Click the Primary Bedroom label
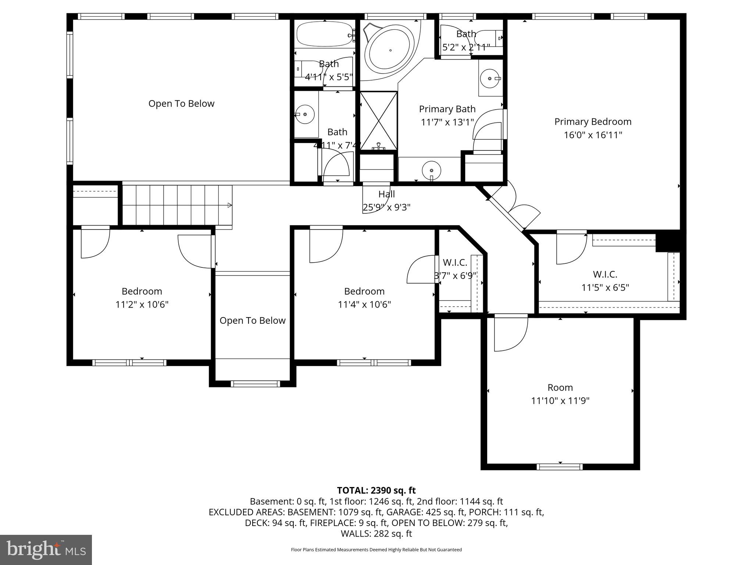pos(593,122)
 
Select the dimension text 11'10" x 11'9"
pos(560,401)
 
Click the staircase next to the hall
pos(177,205)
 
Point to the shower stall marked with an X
pos(378,121)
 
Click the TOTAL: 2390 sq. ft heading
pos(376,490)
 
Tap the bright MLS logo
pos(46,550)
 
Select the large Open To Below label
pos(181,104)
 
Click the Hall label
pos(386,194)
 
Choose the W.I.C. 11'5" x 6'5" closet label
pos(605,274)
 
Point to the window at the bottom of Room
pos(560,467)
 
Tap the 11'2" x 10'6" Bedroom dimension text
pos(142,305)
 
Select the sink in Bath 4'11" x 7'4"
pos(305,114)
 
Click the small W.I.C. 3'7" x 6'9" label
pos(455,263)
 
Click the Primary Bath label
pos(447,109)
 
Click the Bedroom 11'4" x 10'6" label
pos(364,291)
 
